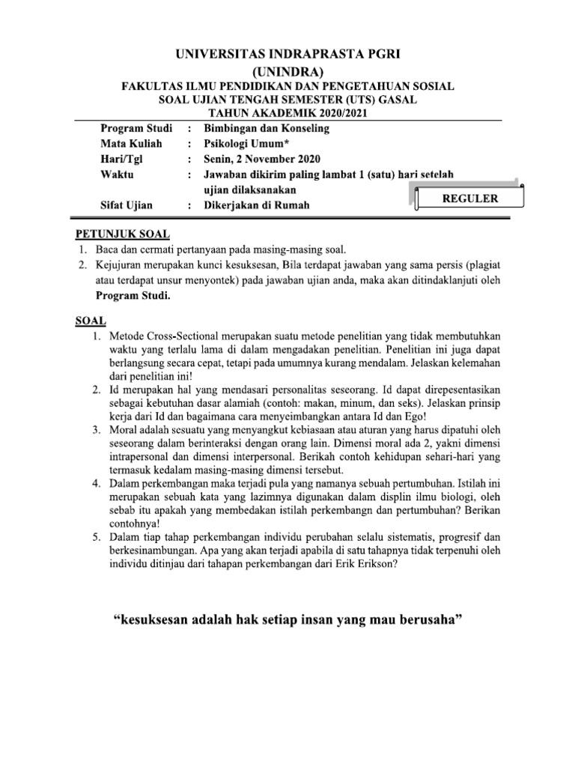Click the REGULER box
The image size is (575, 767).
467,198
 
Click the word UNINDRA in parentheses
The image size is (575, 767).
287,72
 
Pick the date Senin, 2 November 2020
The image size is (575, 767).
262,158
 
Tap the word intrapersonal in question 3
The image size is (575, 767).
145,454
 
